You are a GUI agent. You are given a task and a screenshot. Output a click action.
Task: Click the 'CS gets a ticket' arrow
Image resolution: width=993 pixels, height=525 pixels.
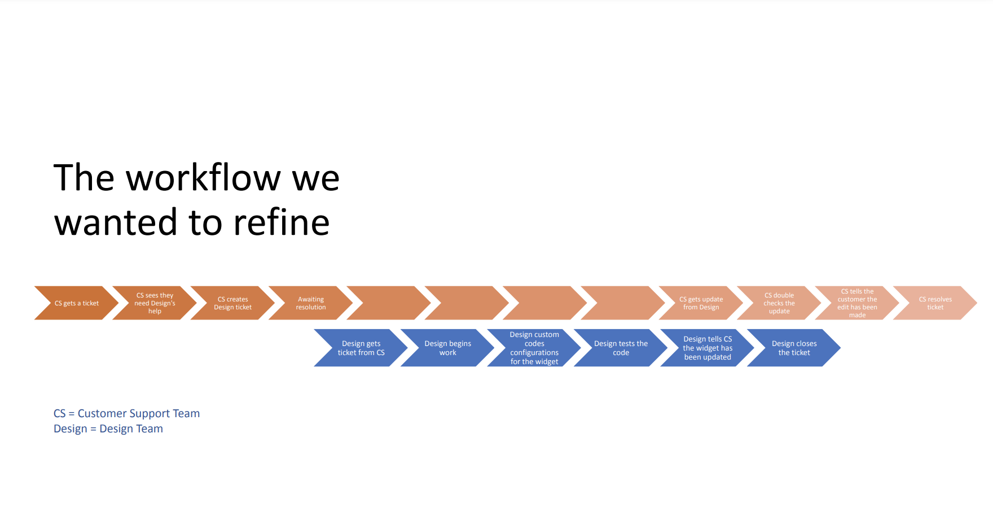[x=77, y=303]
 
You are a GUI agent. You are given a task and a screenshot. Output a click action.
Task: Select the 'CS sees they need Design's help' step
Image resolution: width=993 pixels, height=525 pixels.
[x=155, y=303]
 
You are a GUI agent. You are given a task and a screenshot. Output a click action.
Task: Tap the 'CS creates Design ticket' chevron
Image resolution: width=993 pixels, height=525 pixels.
[x=233, y=303]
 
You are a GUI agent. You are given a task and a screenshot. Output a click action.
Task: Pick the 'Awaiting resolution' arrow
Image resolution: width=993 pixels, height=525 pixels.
[x=311, y=303]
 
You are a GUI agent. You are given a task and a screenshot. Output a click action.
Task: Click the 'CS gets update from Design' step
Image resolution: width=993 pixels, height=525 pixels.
[x=701, y=303]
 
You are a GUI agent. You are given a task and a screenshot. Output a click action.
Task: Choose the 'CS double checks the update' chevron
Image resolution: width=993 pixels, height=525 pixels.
[x=779, y=303]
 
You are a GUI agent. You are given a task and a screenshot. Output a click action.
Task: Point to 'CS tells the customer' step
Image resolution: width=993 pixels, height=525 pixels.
[x=857, y=303]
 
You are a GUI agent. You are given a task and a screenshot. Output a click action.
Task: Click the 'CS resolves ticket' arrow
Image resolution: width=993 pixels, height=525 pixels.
[x=935, y=303]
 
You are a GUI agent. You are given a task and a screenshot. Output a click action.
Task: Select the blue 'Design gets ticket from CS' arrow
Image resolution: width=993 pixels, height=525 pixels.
[x=361, y=348]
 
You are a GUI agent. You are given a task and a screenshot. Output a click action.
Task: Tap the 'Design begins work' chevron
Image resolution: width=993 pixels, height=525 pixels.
[x=448, y=348]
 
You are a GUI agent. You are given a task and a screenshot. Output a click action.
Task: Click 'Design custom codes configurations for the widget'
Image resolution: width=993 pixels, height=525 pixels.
[x=534, y=348]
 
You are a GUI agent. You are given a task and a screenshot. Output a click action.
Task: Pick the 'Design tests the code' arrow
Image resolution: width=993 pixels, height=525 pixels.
[x=621, y=348]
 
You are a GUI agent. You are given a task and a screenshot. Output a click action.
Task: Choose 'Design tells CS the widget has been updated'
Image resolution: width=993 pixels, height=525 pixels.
[x=708, y=348]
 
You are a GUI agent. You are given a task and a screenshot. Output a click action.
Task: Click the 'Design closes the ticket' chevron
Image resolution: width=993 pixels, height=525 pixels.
[x=794, y=348]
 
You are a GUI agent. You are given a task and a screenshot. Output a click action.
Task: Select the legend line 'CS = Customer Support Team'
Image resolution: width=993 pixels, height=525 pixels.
[x=126, y=413]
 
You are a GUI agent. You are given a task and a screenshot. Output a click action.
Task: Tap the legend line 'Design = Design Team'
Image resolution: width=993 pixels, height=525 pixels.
[x=108, y=428]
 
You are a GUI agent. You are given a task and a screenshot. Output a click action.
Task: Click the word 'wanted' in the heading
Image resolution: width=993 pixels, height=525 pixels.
[x=116, y=222]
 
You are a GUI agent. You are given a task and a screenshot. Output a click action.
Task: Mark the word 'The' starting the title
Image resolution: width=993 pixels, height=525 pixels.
[x=84, y=178]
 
